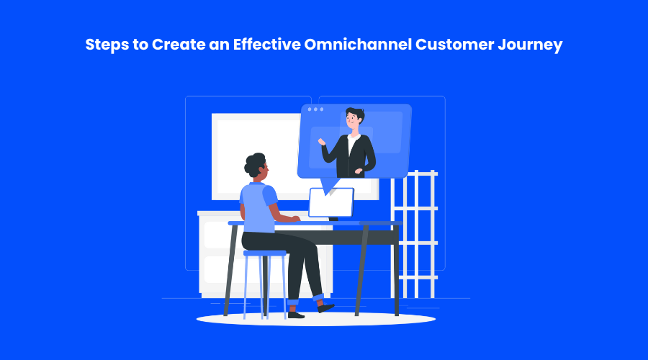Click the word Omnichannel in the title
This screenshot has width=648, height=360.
(x=358, y=44)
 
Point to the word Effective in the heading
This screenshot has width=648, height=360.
(x=267, y=44)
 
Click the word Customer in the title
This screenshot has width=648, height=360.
(x=454, y=44)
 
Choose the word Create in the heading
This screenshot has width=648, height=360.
(x=179, y=44)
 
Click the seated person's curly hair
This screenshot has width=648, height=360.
(x=254, y=164)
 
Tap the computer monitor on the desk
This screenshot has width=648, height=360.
(x=331, y=202)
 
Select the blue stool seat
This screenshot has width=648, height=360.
(x=264, y=253)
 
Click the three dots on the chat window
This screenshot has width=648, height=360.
(x=316, y=109)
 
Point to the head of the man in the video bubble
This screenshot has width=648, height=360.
(x=354, y=118)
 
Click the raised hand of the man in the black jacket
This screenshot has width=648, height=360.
(x=322, y=142)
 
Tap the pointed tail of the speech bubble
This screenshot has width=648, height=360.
(x=329, y=186)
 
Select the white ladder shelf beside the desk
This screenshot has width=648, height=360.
(x=415, y=234)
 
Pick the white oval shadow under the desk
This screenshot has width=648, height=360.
(x=316, y=319)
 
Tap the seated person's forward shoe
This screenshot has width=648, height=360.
(x=325, y=307)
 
